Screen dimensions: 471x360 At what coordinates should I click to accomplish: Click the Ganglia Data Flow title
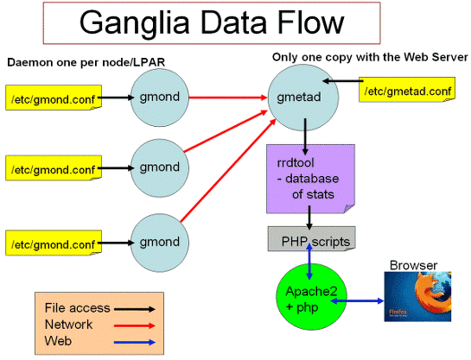[x=212, y=23]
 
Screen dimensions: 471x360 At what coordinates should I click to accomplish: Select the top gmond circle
[x=160, y=98]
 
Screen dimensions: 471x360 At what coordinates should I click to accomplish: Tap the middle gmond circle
[x=160, y=168]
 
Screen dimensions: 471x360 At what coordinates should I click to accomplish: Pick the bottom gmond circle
[x=160, y=243]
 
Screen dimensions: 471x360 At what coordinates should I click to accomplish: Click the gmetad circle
[x=303, y=98]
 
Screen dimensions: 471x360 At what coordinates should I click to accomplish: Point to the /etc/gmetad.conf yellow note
[x=407, y=90]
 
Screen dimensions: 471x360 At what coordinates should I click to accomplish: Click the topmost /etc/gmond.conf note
[x=54, y=98]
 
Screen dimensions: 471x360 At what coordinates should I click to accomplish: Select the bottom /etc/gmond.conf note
[x=54, y=243]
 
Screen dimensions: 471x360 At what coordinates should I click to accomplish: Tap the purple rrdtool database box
[x=310, y=179]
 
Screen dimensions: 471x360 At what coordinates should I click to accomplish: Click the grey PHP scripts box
[x=311, y=239]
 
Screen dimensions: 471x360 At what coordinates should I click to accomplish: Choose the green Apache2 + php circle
[x=311, y=297]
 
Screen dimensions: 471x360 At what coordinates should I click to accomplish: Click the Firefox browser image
[x=417, y=297]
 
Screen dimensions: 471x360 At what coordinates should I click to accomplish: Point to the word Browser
[x=413, y=266]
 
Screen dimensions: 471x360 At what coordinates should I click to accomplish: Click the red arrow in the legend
[x=135, y=325]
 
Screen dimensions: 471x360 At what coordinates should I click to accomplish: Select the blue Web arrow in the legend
[x=135, y=342]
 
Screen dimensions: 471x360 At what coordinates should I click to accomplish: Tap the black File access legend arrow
[x=135, y=309]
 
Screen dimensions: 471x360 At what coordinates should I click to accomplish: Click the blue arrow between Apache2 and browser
[x=357, y=300]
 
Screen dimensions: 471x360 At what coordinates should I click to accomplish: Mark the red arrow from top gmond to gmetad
[x=228, y=98]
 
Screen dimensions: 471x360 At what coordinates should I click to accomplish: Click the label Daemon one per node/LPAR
[x=86, y=62]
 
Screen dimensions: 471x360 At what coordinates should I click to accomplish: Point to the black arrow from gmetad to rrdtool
[x=305, y=136]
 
